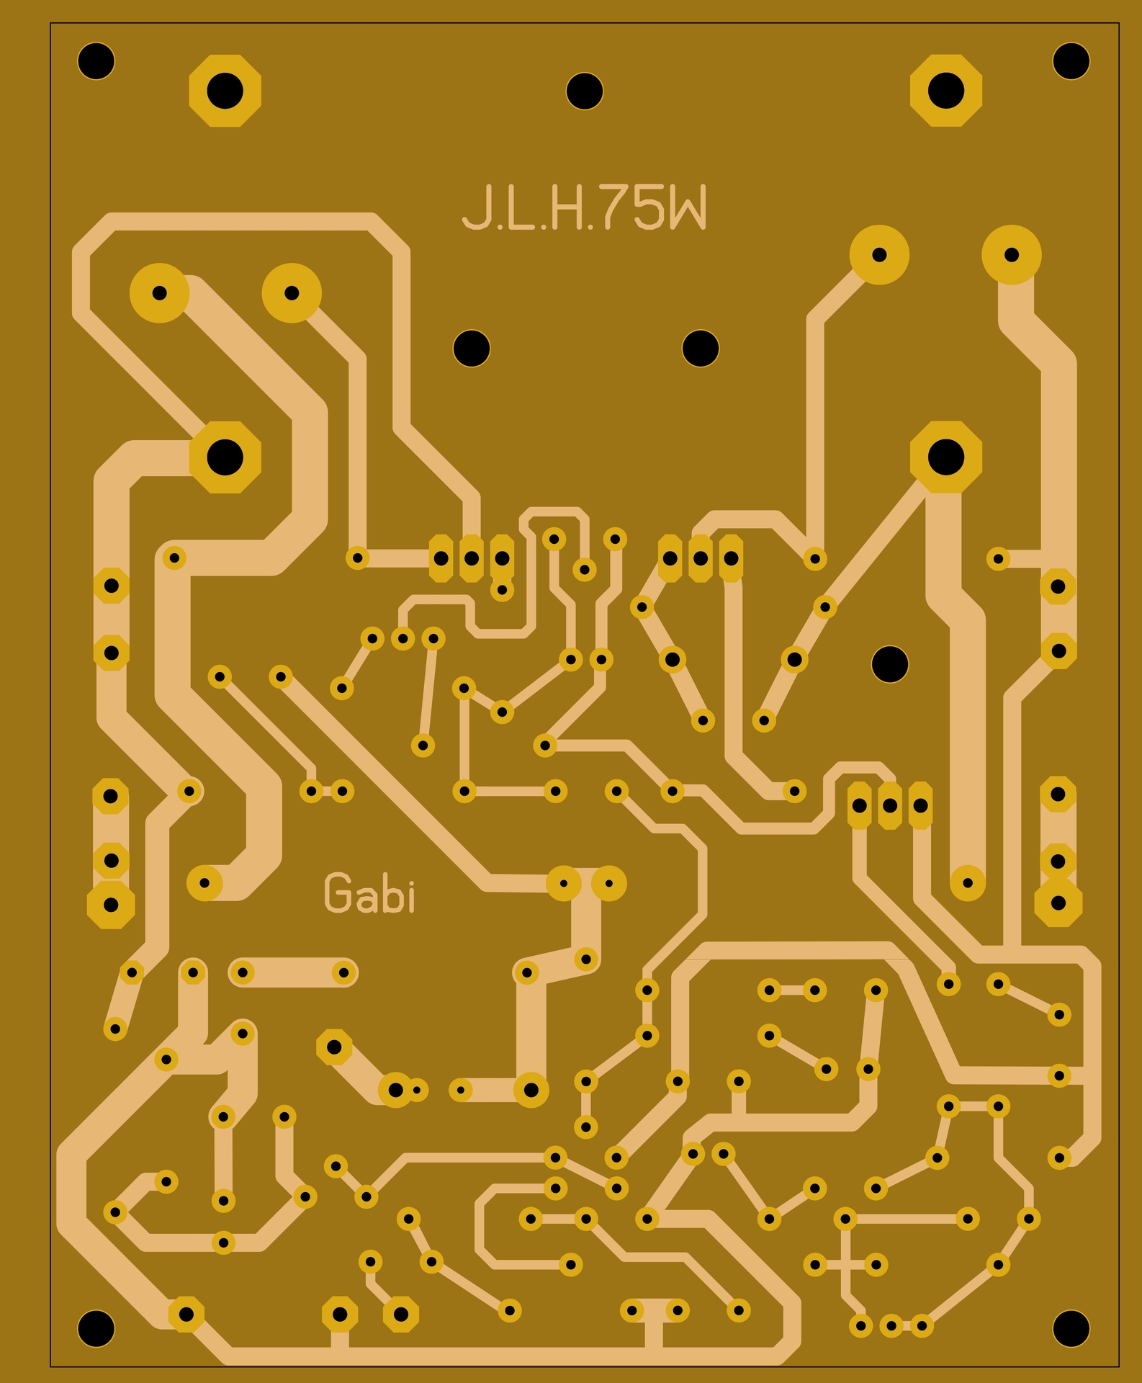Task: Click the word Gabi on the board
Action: click(369, 893)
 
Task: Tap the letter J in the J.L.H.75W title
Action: click(475, 207)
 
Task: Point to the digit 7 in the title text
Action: click(615, 207)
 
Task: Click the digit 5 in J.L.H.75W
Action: click(650, 207)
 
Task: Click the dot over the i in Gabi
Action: click(410, 877)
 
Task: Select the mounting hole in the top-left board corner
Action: click(96, 61)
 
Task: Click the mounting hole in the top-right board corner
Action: click(1071, 61)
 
